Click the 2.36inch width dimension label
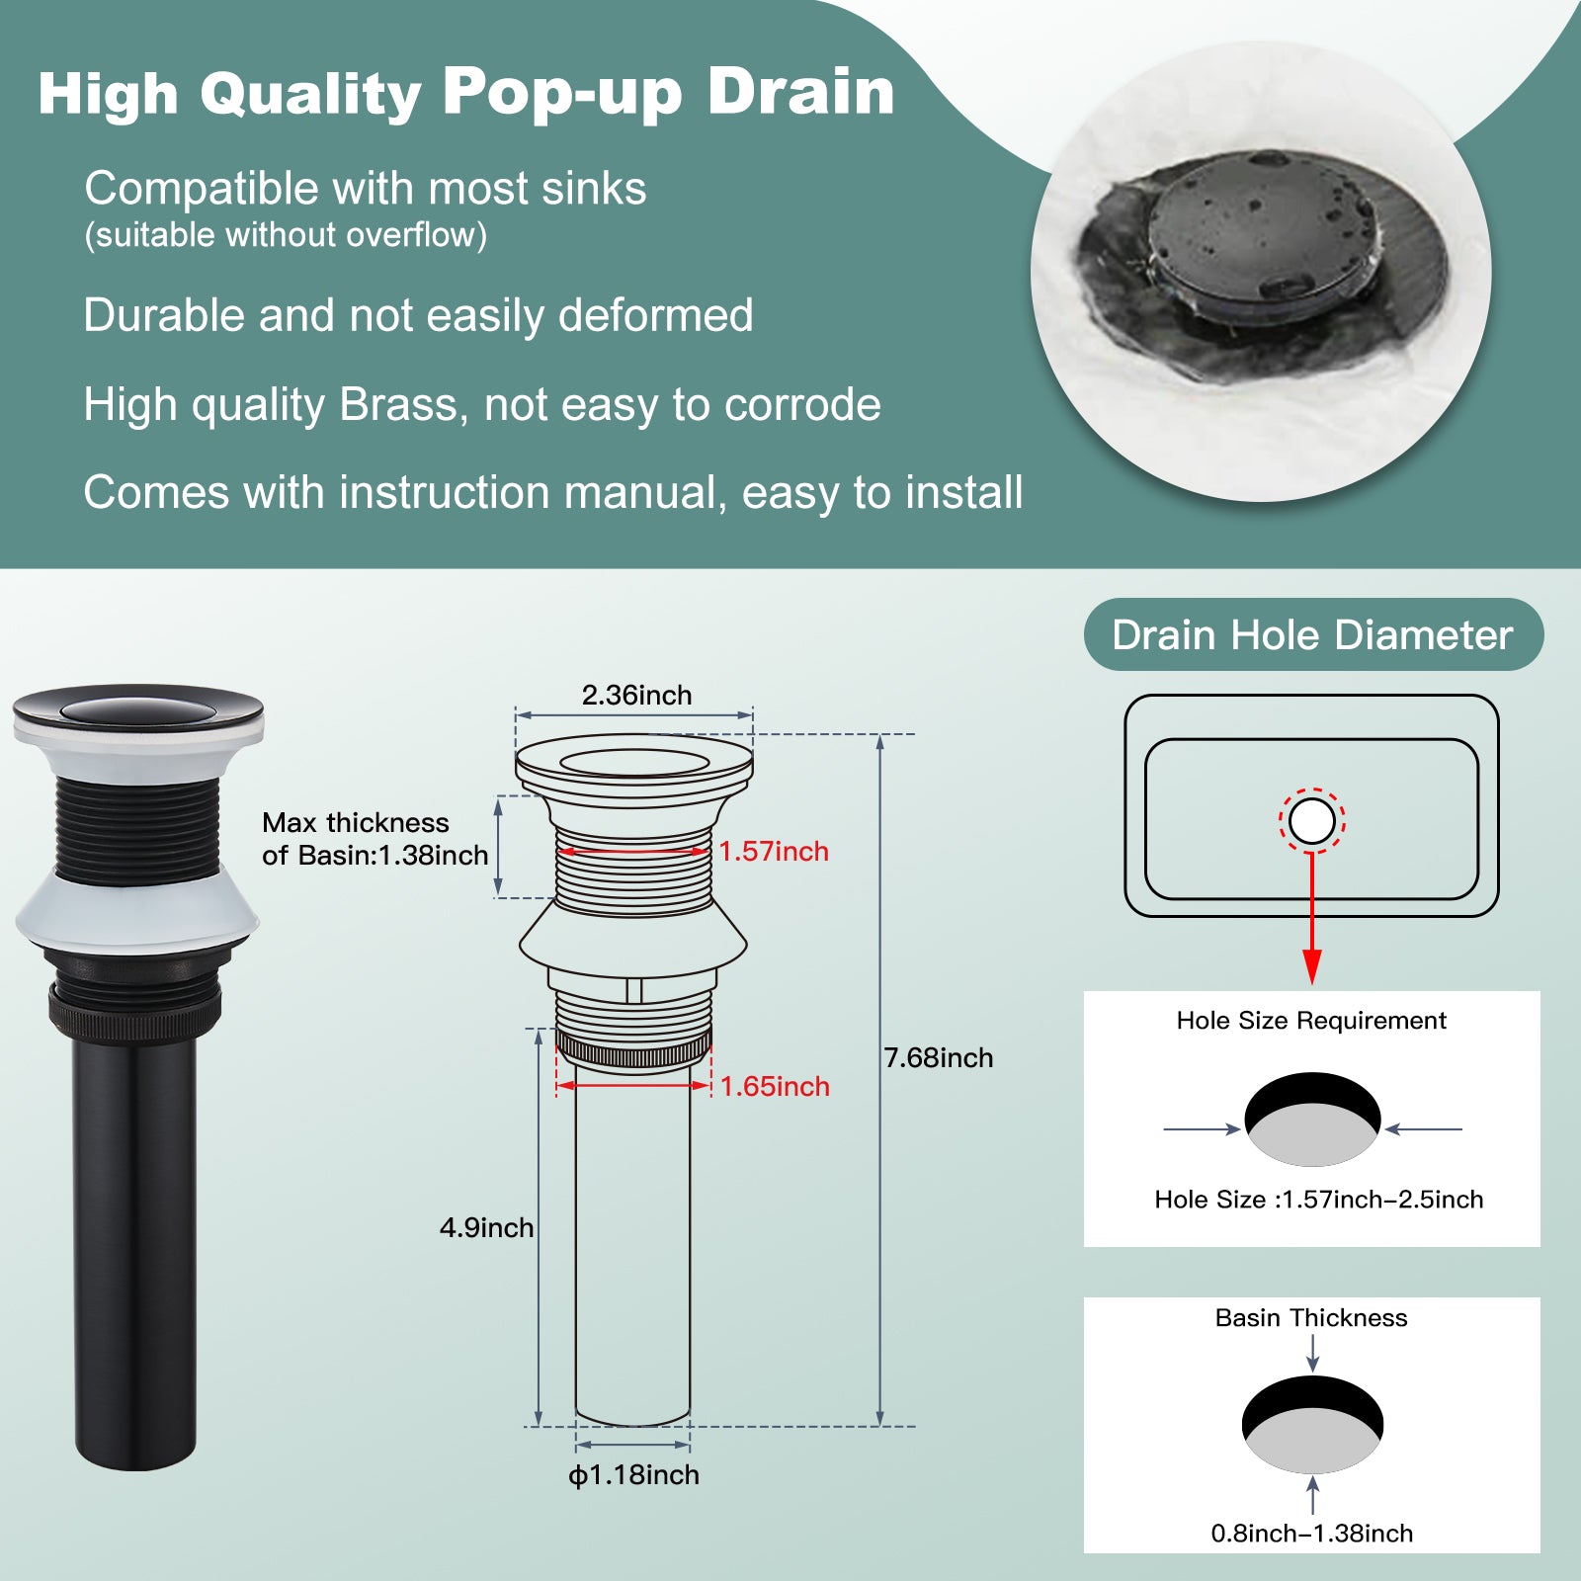click(x=636, y=695)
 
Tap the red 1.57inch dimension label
click(x=774, y=851)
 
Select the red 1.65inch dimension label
click(x=775, y=1086)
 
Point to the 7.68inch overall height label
click(x=939, y=1057)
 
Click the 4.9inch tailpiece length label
click(x=486, y=1227)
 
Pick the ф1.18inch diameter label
click(x=633, y=1474)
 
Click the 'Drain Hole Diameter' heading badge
click(x=1313, y=634)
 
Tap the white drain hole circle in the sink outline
click(x=1312, y=821)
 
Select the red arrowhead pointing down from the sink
click(x=1312, y=966)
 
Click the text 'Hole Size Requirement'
click(x=1311, y=1021)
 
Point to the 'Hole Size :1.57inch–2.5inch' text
click(x=1319, y=1200)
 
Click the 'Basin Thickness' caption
click(x=1311, y=1317)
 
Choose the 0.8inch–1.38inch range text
click(x=1312, y=1533)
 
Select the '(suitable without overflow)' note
click(x=286, y=235)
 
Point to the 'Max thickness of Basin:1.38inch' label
click(x=375, y=839)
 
